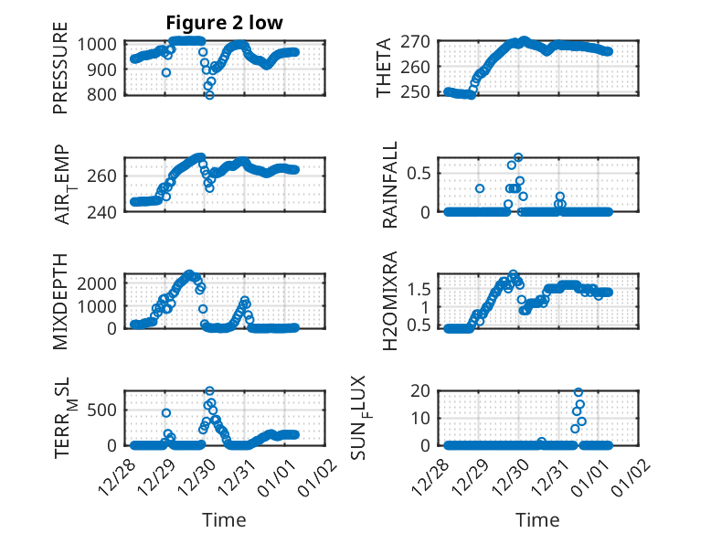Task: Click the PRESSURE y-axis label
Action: pyautogui.click(x=60, y=74)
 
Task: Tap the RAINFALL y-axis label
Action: pyautogui.click(x=390, y=186)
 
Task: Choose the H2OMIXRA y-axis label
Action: pyautogui.click(x=390, y=302)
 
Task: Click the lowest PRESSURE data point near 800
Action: pyautogui.click(x=209, y=94)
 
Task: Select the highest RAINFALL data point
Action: pyautogui.click(x=518, y=157)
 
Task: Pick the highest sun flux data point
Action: pyautogui.click(x=578, y=392)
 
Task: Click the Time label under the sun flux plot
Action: pyautogui.click(x=537, y=520)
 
